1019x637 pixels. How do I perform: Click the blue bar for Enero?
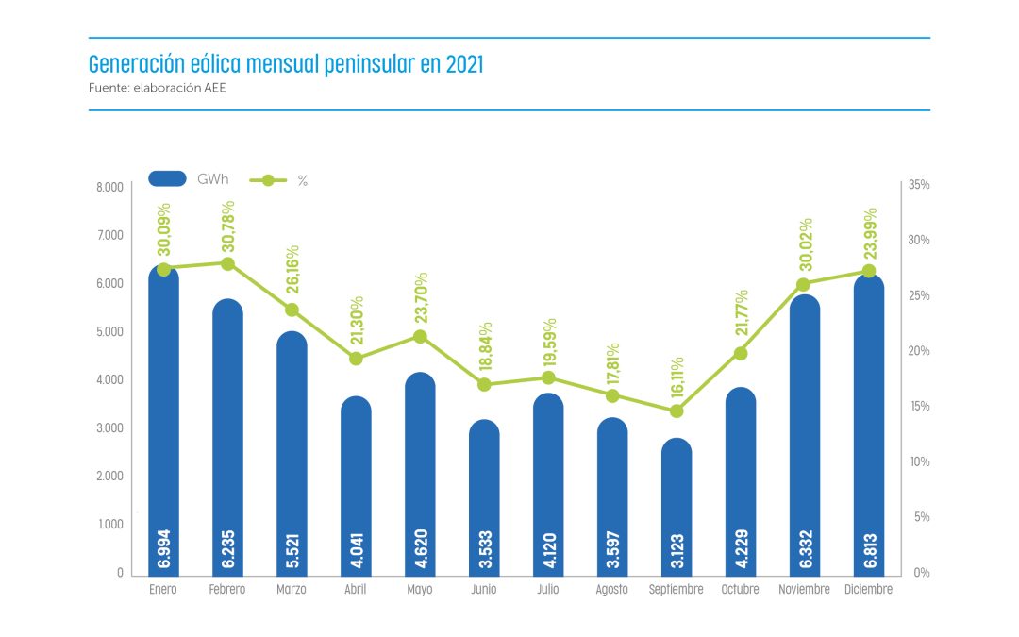[x=163, y=425]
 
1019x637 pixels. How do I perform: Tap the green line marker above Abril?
[x=356, y=359]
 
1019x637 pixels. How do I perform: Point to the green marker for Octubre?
[x=741, y=353]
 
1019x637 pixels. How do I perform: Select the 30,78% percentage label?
[x=228, y=226]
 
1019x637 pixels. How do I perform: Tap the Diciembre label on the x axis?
[x=869, y=590]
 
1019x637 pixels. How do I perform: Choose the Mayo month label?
[x=420, y=590]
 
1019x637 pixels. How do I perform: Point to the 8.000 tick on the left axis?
[x=110, y=187]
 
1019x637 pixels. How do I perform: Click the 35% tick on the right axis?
[x=918, y=186]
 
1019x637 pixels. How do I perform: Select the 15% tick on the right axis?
[x=918, y=407]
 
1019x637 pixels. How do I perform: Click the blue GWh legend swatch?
[x=168, y=179]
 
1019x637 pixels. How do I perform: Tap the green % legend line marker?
[x=268, y=179]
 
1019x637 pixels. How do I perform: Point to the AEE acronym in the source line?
[x=213, y=88]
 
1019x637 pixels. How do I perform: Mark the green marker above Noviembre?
[x=804, y=284]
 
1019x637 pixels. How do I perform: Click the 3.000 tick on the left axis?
[x=110, y=428]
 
